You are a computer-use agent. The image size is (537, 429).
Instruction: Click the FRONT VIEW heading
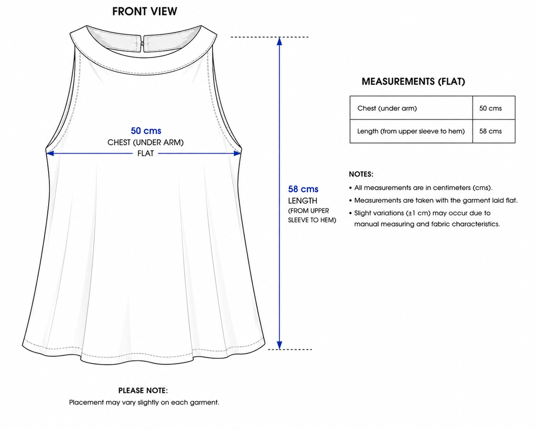[x=145, y=12]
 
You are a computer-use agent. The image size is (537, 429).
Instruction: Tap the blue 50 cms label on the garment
[x=146, y=130]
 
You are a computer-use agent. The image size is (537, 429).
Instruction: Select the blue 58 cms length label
[x=303, y=189]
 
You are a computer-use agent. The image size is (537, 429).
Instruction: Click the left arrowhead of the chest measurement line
[x=50, y=153]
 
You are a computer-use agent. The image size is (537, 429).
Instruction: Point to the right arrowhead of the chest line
[x=237, y=153]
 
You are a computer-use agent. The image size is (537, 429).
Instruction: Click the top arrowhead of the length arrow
[x=280, y=41]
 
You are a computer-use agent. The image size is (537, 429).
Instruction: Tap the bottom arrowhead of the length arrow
[x=280, y=345]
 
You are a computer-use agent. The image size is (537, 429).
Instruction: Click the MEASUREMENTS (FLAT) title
[x=413, y=81]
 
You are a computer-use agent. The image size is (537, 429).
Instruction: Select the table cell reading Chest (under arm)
[x=411, y=108]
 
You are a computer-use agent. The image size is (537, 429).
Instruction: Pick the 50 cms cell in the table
[x=494, y=108]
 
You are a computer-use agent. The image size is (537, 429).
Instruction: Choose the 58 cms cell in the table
[x=494, y=131]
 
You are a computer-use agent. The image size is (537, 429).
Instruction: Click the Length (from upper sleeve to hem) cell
[x=411, y=131]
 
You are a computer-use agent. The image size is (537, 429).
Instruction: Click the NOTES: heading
[x=361, y=174]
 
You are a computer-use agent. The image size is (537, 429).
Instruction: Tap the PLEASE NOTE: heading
[x=143, y=391]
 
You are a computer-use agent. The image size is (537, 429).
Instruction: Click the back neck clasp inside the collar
[x=142, y=43]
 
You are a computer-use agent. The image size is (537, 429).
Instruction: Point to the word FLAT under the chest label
[x=146, y=153]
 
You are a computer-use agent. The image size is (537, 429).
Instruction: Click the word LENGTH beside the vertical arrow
[x=303, y=201]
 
